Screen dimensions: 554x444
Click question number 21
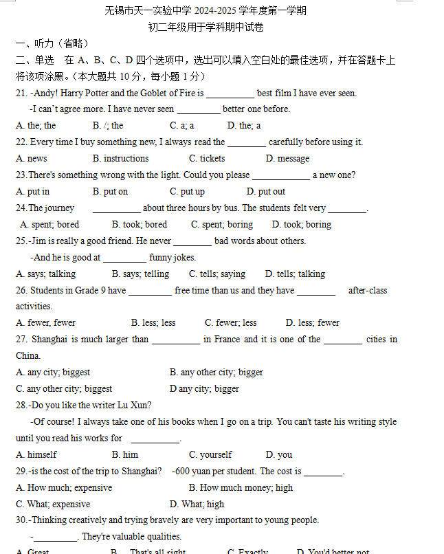pyautogui.click(x=21, y=93)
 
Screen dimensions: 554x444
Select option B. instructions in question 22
pyautogui.click(x=121, y=158)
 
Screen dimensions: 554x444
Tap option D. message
pyautogui.click(x=288, y=158)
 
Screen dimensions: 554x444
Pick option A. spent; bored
pyautogui.click(x=50, y=224)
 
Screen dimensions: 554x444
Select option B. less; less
pyautogui.click(x=153, y=322)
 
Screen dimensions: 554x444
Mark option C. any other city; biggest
pyautogui.click(x=64, y=388)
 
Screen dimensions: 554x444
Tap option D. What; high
pyautogui.click(x=197, y=504)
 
